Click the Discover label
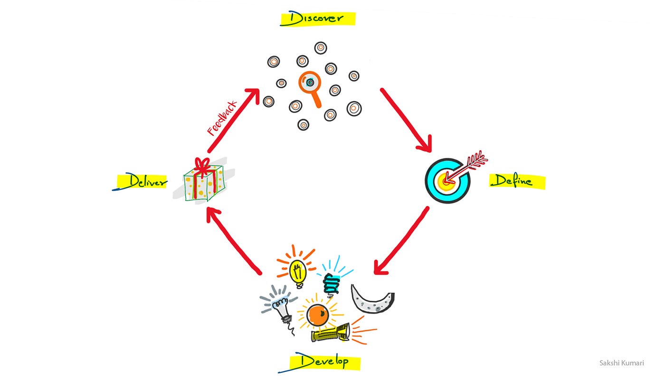coord(318,19)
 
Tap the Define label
coord(517,181)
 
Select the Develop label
coord(325,362)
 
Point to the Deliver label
coord(142,181)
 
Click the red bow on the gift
coord(203,166)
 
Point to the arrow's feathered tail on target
coord(476,160)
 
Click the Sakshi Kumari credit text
coord(621,363)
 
